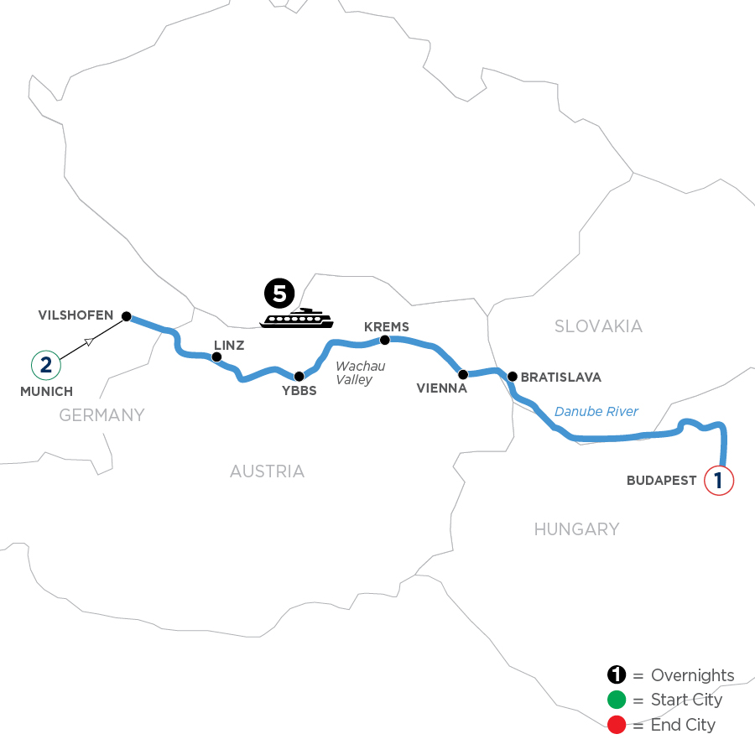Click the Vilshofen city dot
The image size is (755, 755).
tap(127, 316)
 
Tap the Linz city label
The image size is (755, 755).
tap(228, 345)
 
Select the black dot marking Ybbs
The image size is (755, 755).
tap(299, 377)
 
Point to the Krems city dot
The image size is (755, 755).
tap(385, 340)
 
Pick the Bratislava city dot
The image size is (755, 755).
tap(511, 376)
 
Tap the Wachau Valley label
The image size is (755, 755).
tap(360, 373)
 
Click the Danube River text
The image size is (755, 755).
tap(596, 411)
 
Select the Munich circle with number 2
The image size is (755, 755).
tap(45, 365)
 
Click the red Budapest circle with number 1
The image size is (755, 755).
tap(719, 481)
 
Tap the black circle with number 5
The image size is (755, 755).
tap(280, 294)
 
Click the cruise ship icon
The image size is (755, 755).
tap(296, 318)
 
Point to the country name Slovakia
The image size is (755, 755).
tap(598, 326)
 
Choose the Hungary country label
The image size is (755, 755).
tap(576, 528)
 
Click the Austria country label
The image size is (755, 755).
tap(267, 471)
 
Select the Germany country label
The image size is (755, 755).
tap(102, 414)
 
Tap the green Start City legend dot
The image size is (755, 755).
tap(617, 700)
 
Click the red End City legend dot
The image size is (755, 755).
tap(617, 725)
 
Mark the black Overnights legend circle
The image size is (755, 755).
tap(617, 675)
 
